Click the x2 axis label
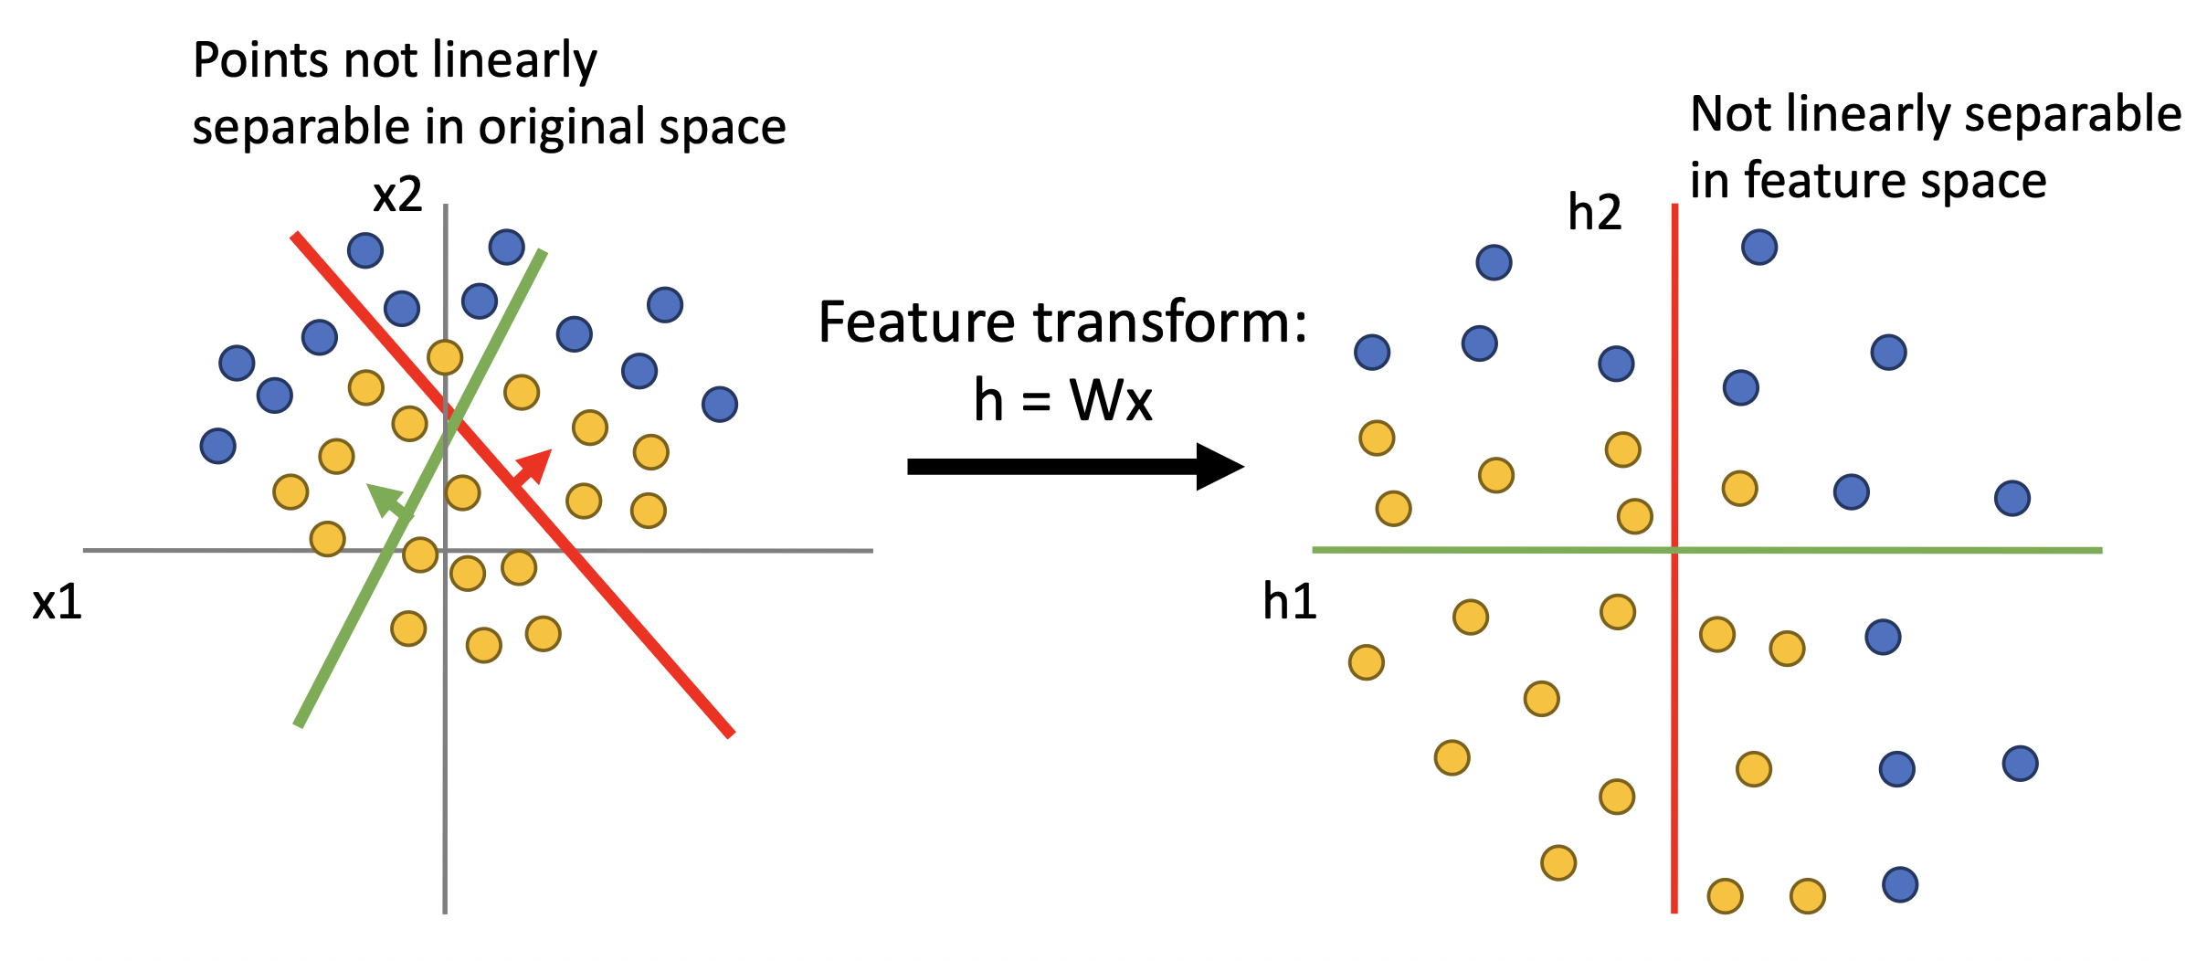[397, 195]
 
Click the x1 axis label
[57, 603]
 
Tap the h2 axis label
[1594, 212]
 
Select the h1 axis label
[1289, 602]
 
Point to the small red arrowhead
[536, 463]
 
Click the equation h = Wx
[1062, 400]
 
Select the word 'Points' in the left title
[261, 61]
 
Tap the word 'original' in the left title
[567, 127]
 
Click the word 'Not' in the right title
[1731, 115]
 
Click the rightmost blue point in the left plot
[720, 404]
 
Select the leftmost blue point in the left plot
[218, 446]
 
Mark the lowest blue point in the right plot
[1900, 884]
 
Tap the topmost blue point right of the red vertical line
[1759, 247]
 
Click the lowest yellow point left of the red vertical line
[1558, 862]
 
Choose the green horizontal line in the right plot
[1918, 550]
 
